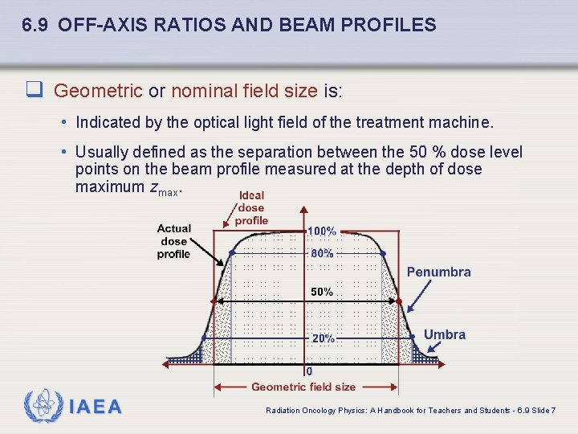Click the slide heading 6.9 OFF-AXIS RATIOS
[229, 25]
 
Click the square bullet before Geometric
[35, 91]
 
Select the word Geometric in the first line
[98, 91]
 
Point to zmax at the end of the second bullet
[164, 187]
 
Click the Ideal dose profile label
[251, 208]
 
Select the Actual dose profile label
[173, 241]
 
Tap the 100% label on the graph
[322, 231]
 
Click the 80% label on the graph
[322, 253]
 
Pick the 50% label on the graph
[322, 293]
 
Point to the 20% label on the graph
[323, 339]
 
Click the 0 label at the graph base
[309, 371]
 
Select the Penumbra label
[438, 272]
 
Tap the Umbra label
[444, 334]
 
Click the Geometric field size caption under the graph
[303, 387]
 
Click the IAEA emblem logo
[42, 406]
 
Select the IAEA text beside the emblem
[95, 407]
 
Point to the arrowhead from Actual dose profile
[226, 263]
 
